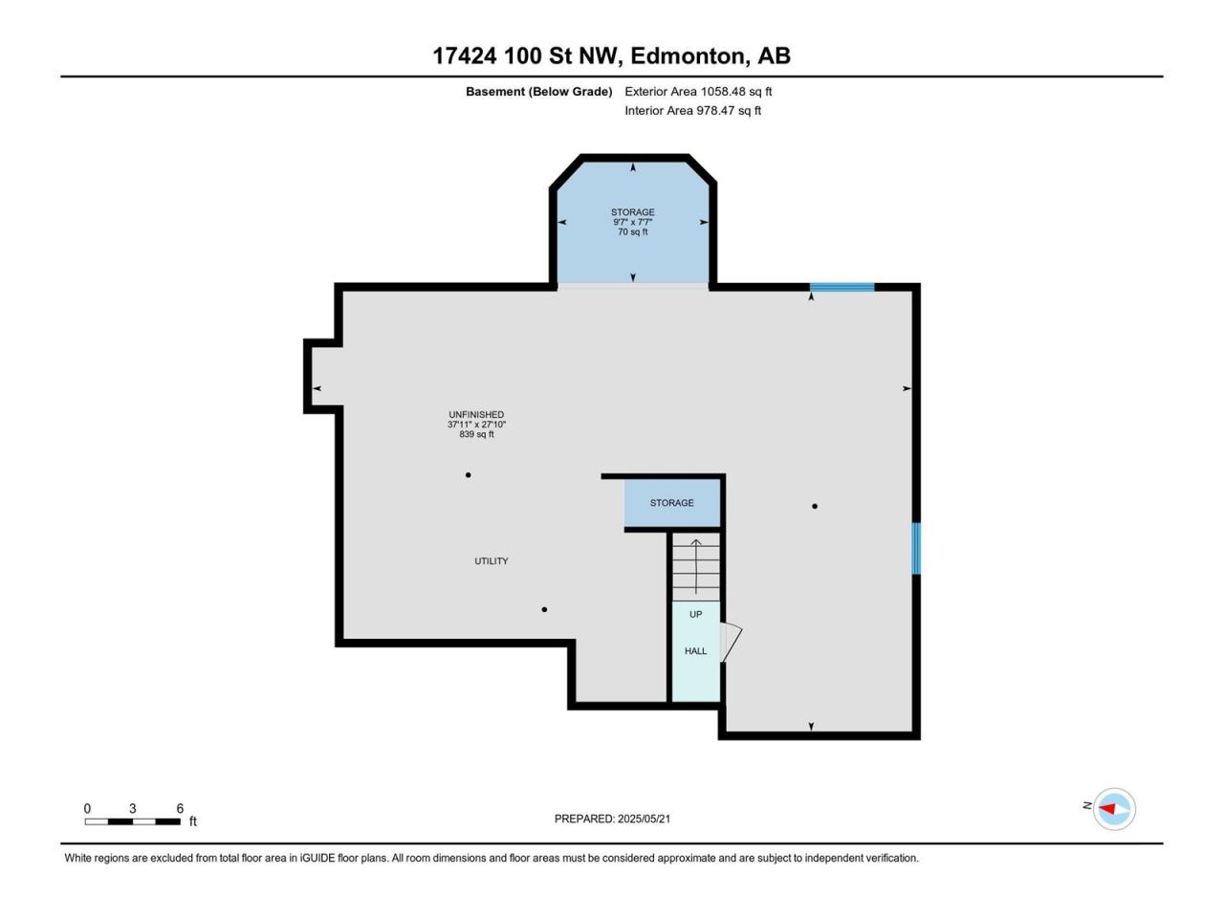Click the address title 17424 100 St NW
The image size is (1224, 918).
point(525,56)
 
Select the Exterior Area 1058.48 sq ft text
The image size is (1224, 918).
point(698,92)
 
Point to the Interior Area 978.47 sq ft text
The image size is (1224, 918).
point(692,110)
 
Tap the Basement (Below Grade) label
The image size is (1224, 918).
point(538,92)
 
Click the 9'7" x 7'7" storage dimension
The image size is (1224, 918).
point(633,222)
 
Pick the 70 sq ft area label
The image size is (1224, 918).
point(633,231)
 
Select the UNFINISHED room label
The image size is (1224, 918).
point(476,415)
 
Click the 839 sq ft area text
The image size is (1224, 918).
point(476,434)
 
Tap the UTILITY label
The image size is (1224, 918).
point(492,561)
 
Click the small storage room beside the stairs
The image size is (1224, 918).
point(672,503)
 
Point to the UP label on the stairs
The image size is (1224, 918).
point(696,614)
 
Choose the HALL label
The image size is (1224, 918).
point(696,651)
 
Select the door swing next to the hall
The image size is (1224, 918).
point(732,642)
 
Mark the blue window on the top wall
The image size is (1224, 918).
point(842,287)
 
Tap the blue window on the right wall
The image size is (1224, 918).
point(916,549)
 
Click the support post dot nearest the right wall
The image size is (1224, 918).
point(815,506)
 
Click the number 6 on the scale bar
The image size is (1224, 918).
point(180,808)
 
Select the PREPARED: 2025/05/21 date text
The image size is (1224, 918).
point(612,819)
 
